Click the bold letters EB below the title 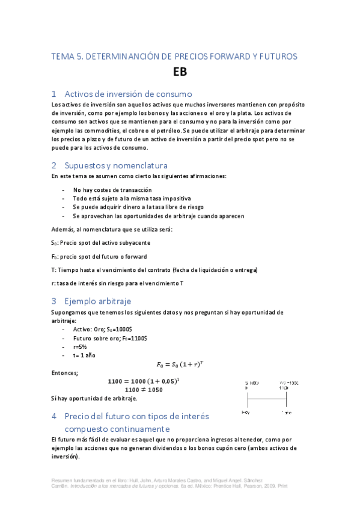[x=180, y=72]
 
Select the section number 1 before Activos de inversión [x=54, y=94]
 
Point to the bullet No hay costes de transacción [x=108, y=189]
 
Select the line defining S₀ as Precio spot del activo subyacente [x=100, y=242]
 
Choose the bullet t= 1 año [x=84, y=355]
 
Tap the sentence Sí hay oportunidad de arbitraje [x=94, y=398]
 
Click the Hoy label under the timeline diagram [x=246, y=413]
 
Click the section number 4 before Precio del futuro [x=54, y=416]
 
